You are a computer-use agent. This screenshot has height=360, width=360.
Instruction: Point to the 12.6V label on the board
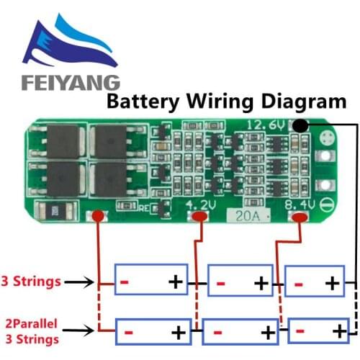click(x=266, y=125)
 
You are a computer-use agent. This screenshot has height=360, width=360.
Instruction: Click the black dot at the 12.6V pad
click(x=300, y=127)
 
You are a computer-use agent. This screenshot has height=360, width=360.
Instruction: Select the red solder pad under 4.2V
click(x=195, y=217)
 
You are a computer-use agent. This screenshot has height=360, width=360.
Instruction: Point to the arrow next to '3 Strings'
click(x=92, y=282)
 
